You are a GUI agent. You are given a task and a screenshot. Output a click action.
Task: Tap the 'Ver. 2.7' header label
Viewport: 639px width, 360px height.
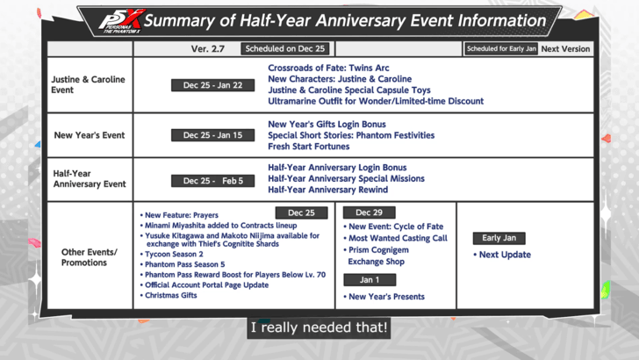click(207, 49)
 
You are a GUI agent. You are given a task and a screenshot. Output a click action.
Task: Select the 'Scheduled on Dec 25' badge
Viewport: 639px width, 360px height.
click(285, 49)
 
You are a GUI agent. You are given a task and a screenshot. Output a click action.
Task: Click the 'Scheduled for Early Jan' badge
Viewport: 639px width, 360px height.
click(500, 49)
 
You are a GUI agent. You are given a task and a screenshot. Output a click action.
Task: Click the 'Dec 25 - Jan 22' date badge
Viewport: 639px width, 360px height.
click(213, 85)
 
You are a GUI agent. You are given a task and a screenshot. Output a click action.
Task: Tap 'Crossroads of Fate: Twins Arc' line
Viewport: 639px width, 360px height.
click(328, 68)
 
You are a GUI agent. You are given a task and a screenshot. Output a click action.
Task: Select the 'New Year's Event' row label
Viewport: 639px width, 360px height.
click(89, 135)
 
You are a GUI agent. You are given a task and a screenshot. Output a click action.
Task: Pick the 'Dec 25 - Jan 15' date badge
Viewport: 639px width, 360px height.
click(213, 135)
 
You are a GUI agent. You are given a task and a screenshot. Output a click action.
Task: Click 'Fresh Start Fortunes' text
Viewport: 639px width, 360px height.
click(308, 147)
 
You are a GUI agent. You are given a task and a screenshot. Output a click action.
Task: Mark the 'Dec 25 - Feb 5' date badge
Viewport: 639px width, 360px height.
click(213, 181)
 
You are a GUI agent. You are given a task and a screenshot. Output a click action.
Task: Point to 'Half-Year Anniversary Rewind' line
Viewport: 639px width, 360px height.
click(328, 190)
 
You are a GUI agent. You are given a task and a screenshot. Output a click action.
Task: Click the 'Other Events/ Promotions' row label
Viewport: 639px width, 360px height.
click(89, 256)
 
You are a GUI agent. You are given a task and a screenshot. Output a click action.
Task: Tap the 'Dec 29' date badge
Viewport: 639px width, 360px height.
click(369, 212)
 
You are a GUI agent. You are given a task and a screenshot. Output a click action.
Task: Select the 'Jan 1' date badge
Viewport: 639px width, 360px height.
click(369, 280)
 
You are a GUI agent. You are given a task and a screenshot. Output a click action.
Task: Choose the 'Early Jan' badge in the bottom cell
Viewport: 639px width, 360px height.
click(499, 238)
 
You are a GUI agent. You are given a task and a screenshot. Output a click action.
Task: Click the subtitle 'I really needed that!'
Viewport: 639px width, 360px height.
click(319, 329)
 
